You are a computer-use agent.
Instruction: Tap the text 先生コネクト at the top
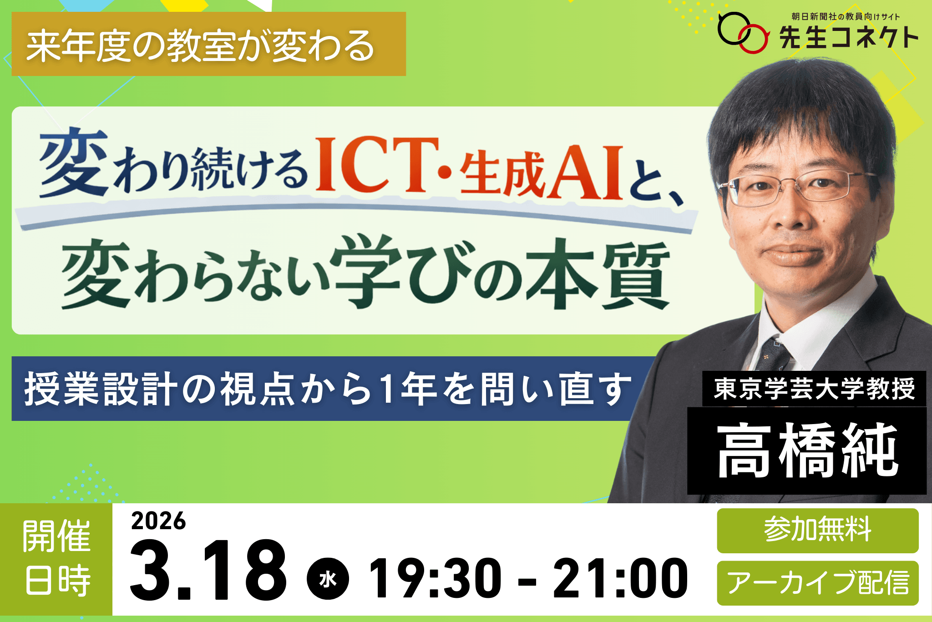click(849, 37)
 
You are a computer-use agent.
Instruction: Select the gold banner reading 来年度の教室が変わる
click(208, 44)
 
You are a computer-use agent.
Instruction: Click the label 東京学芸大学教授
click(814, 389)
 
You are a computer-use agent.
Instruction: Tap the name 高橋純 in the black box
click(807, 450)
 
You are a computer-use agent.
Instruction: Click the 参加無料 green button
click(818, 530)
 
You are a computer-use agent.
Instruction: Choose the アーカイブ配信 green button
click(818, 583)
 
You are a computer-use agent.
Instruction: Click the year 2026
click(158, 521)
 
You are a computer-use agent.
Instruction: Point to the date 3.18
click(208, 571)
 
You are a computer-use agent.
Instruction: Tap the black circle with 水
click(328, 579)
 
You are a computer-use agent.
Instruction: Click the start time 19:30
click(435, 578)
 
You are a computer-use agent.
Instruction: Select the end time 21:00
click(620, 578)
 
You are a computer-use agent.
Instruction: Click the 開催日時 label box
click(56, 559)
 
